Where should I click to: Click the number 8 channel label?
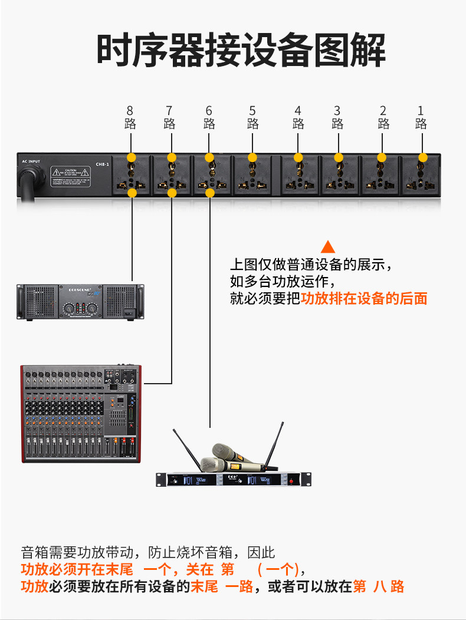tap(130, 110)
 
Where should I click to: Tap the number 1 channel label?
tap(421, 110)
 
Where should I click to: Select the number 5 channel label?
tap(252, 110)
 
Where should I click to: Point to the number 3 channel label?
tap(337, 110)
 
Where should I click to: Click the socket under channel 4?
tap(298, 175)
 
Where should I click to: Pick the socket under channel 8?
tap(132, 175)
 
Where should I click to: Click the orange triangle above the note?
tap(327, 246)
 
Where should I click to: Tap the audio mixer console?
tap(81, 413)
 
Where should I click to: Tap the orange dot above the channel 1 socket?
tap(422, 157)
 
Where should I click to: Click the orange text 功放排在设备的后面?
tap(364, 298)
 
